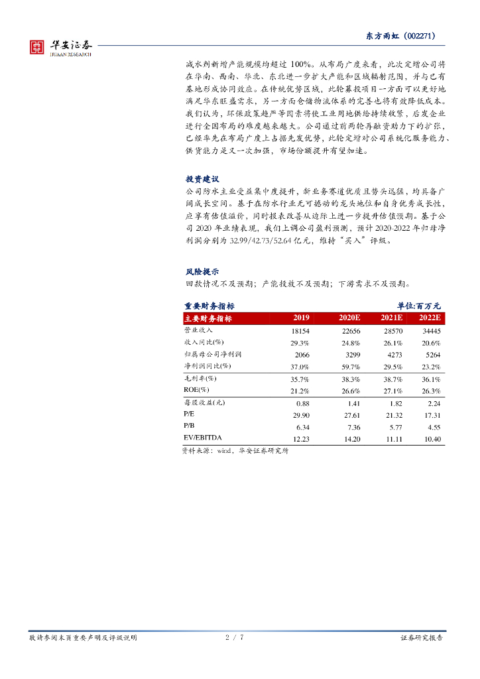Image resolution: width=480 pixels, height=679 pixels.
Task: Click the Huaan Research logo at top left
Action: click(x=60, y=47)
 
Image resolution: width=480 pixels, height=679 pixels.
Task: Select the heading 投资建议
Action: click(x=202, y=179)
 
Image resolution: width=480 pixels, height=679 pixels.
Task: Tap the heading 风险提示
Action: click(x=202, y=271)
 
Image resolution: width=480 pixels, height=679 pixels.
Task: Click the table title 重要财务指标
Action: click(x=209, y=306)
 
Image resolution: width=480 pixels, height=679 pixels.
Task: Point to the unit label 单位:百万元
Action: click(x=419, y=306)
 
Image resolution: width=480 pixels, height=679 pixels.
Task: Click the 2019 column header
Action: click(x=301, y=318)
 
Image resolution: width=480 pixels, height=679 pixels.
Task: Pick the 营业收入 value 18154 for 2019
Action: click(x=300, y=330)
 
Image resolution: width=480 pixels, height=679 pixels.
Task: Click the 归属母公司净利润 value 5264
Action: click(x=432, y=355)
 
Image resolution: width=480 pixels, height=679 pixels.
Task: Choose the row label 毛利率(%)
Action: click(x=200, y=379)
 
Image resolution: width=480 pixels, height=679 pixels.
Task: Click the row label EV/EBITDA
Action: click(x=203, y=438)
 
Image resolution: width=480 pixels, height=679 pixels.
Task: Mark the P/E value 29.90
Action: click(x=301, y=414)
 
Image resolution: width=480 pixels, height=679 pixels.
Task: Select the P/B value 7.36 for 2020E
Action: click(x=351, y=426)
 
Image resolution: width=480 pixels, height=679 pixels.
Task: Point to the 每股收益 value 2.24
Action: click(x=434, y=403)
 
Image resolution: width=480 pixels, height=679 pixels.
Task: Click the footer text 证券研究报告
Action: click(x=422, y=638)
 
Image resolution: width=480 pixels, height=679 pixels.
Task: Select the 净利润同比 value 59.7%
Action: click(x=351, y=366)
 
